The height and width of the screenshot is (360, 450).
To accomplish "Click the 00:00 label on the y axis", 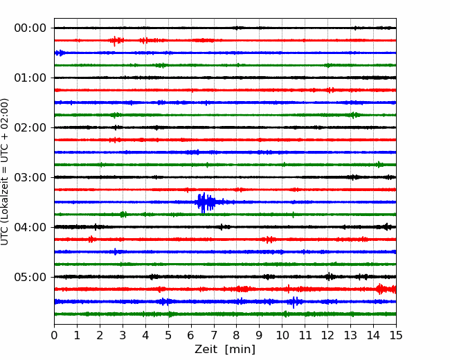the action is (30, 28).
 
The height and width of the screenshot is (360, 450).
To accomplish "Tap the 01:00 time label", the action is (30, 78).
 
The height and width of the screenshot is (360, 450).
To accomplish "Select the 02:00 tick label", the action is (30, 127).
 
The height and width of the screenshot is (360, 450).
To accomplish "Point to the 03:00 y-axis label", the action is (30, 177).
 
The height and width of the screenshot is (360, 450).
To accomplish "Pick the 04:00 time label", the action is (30, 227).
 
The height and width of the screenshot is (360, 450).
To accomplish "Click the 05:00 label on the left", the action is (30, 277).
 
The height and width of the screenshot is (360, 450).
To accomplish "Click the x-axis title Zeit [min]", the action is (225, 350).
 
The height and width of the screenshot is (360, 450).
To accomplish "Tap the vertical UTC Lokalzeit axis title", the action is (5, 172).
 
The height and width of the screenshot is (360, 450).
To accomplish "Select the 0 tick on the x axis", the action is (54, 335).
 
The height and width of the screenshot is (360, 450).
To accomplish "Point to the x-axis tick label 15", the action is (396, 335).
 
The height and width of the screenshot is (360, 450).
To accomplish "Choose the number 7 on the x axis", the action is (214, 335).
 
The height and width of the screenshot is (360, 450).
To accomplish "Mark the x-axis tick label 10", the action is (282, 335).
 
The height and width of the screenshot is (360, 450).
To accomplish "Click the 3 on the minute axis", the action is (123, 335).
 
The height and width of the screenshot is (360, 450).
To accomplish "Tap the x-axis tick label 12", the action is (327, 335).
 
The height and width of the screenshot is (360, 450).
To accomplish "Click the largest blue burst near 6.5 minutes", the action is (205, 202).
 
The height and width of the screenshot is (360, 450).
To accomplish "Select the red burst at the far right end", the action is (386, 289).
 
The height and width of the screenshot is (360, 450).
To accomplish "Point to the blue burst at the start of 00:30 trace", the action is (60, 53).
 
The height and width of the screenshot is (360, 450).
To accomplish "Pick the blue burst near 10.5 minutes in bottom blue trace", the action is (294, 302).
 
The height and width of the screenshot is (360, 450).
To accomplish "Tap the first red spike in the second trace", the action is (115, 41).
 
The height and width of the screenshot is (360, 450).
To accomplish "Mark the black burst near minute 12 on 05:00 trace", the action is (330, 277).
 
